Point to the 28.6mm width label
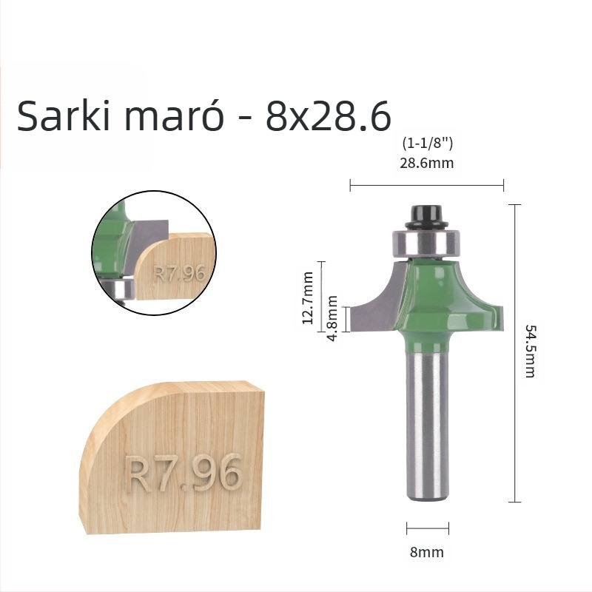(427, 163)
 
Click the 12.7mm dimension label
(309, 292)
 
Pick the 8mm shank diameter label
(427, 552)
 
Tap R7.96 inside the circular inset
(178, 272)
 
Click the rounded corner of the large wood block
(118, 414)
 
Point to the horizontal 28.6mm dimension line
(427, 185)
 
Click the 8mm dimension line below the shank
(428, 528)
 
